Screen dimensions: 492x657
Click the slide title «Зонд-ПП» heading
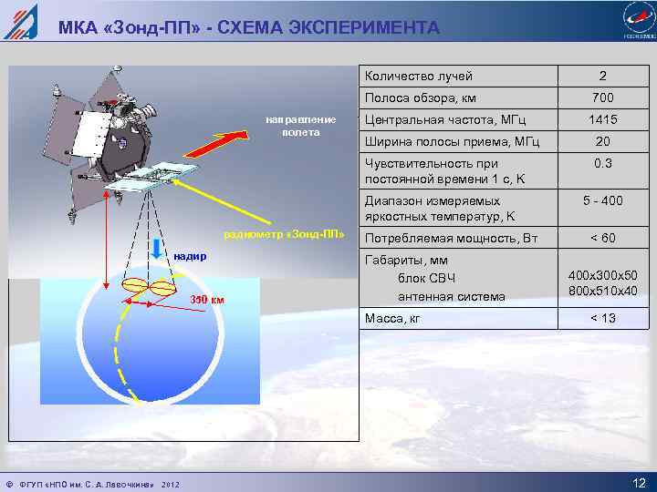[x=249, y=28]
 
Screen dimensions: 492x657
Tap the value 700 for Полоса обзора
[x=602, y=97]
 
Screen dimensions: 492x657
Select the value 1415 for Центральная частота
[x=602, y=119]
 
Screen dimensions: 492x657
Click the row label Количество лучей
[x=419, y=76]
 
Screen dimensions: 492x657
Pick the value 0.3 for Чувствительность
[x=602, y=163]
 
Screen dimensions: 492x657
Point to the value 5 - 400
[x=602, y=201]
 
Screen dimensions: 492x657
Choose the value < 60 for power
[x=602, y=238]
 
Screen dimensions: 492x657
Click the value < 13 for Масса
[x=602, y=318]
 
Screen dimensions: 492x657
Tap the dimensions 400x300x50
[x=602, y=275]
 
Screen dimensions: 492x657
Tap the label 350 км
[x=206, y=301]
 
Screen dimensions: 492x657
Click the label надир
[x=191, y=256]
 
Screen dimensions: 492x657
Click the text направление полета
[x=301, y=126]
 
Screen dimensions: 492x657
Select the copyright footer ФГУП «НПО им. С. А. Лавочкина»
[x=84, y=481]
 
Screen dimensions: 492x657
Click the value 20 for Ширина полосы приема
[x=602, y=141]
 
